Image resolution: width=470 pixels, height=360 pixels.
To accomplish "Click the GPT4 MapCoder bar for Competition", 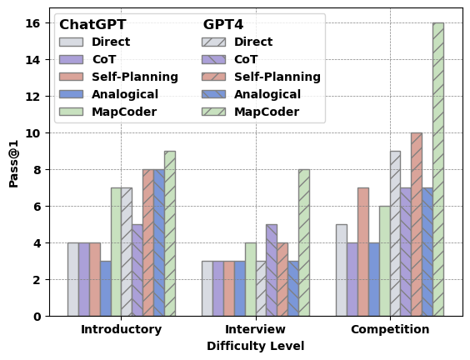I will coord(438,169).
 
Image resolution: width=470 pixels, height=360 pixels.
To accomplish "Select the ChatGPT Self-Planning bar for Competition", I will coord(363,252).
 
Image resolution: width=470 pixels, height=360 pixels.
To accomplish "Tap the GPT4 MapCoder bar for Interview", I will coord(304,242).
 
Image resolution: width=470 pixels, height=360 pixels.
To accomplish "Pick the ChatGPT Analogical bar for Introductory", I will coord(105,288).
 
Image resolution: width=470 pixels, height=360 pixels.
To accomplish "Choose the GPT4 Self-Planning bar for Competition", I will coord(417,224).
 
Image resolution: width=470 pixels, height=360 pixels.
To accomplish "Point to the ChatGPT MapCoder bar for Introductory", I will coord(116,252).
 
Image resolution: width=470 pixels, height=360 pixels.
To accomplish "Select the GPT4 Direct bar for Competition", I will coord(395,233).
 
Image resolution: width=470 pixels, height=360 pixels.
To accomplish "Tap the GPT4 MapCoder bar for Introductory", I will coord(170,233).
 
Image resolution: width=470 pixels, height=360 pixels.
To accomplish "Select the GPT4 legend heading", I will coord(223,25).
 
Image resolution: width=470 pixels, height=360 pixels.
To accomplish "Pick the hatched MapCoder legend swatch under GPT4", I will coord(213,112).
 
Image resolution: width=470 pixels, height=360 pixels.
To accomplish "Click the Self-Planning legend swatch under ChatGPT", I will coord(71,77).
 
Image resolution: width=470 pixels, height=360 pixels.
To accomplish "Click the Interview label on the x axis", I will coord(256,329).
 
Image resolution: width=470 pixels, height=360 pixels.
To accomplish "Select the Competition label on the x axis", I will coord(390,329).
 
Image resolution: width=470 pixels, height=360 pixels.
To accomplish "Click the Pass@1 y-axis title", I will coord(13,169).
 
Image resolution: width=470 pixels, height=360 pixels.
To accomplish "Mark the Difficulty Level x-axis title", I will coord(256,346).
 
